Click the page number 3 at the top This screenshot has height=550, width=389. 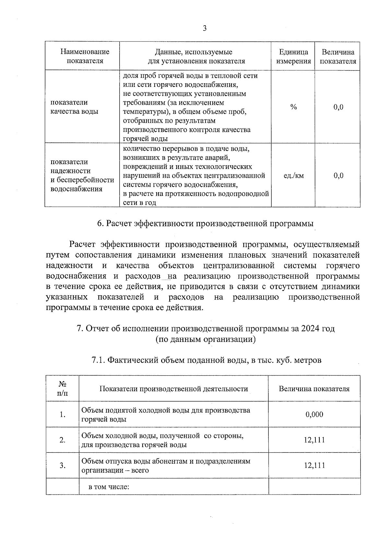(205, 28)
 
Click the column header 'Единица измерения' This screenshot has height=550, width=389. (293, 57)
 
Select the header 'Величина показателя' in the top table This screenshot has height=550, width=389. (338, 57)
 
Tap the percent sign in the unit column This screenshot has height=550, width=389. (293, 107)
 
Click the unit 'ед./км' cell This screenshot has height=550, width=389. (293, 176)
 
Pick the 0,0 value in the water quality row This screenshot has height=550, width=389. (338, 107)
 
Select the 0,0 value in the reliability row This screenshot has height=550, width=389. (338, 176)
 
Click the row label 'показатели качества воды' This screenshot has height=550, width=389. (74, 107)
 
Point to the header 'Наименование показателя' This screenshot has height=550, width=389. (85, 56)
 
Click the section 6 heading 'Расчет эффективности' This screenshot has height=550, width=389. (206, 224)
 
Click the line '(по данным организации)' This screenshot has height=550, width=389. (206, 339)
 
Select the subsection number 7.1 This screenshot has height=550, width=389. (98, 360)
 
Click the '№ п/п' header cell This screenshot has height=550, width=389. (63, 389)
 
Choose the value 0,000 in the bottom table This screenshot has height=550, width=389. (314, 415)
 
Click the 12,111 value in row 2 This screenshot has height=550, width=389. (314, 440)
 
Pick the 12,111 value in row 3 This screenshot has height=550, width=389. (314, 465)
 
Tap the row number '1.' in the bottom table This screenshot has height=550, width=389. (63, 415)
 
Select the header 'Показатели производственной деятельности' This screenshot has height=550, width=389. (173, 389)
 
